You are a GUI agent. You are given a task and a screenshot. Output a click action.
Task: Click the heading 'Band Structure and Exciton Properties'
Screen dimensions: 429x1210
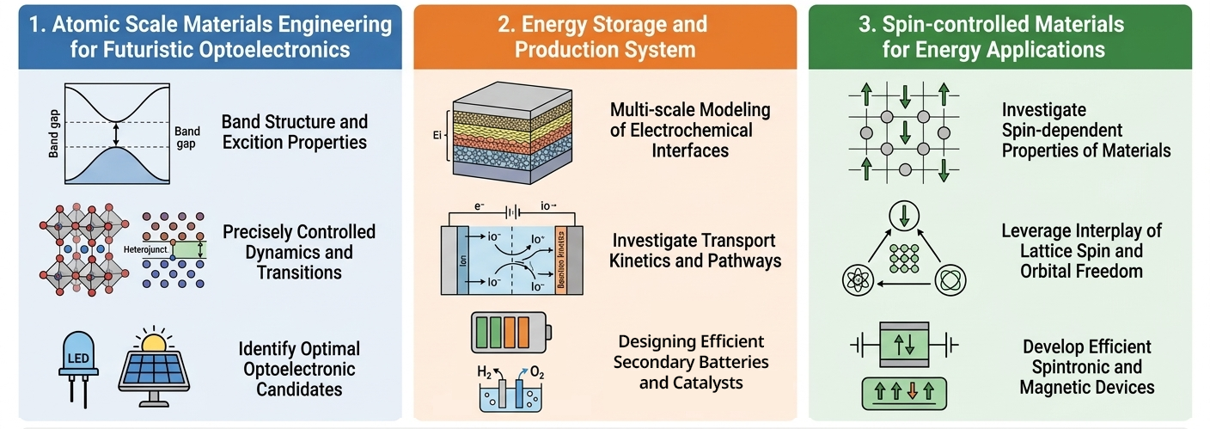pyautogui.click(x=295, y=132)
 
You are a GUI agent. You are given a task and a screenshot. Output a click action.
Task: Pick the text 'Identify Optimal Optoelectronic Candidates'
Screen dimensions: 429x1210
pyautogui.click(x=299, y=369)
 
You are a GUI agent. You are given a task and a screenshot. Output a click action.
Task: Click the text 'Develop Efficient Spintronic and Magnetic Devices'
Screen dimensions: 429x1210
pyautogui.click(x=1087, y=367)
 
